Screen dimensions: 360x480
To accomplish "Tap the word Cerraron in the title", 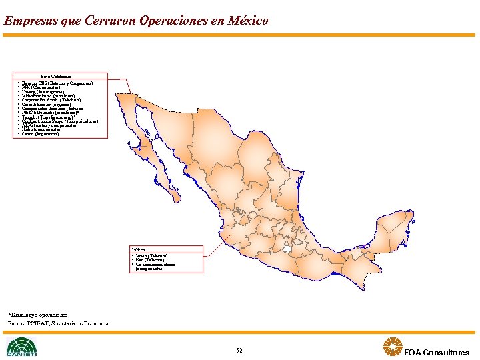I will click(111, 21).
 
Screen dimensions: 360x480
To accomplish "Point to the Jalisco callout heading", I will click(141, 249).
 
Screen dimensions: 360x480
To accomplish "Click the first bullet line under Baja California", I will click(57, 83).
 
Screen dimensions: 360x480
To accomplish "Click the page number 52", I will click(239, 351).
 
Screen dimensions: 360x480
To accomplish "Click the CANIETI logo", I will click(21, 347).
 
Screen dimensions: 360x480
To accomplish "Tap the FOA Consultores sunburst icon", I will click(392, 347).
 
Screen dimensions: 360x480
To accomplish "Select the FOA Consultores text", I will click(437, 353).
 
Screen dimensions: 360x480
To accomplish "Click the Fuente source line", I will click(58, 323).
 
